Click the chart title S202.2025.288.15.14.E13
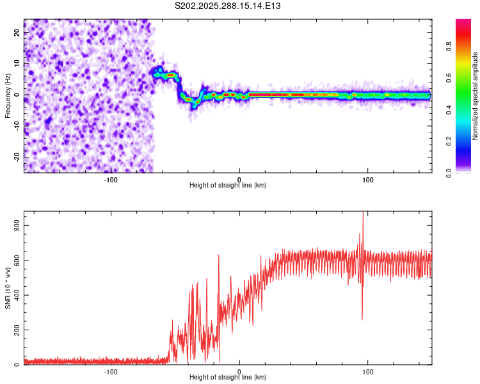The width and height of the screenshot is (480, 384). click(228, 6)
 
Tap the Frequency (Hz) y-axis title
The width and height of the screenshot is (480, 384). click(8, 96)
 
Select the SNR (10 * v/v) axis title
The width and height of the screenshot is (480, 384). click(8, 289)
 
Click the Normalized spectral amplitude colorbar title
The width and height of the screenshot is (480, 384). click(475, 96)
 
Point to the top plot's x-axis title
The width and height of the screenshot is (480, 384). click(228, 185)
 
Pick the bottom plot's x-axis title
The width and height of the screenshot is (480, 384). click(228, 377)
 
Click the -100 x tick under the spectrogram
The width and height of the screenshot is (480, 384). click(111, 179)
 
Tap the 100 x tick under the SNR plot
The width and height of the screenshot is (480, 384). click(368, 371)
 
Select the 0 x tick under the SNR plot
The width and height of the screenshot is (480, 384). click(239, 371)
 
